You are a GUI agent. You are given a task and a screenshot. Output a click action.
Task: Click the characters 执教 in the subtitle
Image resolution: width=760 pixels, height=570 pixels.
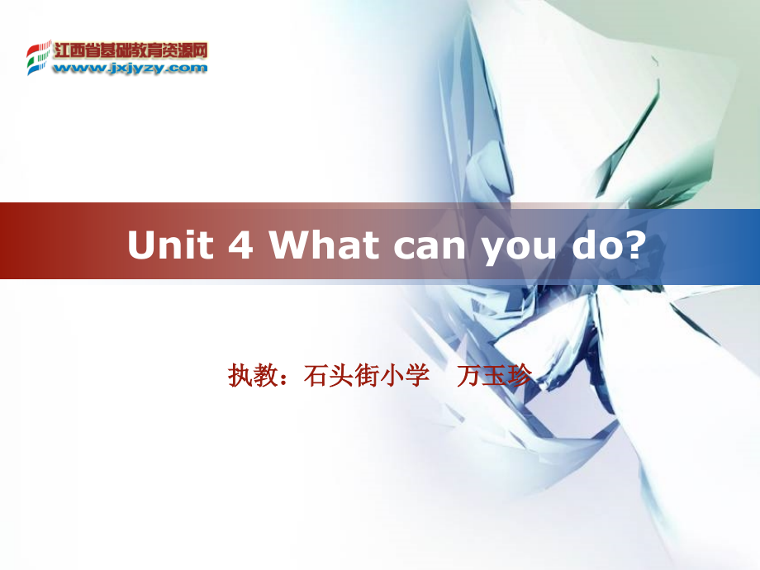click(248, 377)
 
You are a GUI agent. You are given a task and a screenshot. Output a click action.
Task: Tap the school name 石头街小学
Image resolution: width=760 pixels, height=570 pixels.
click(367, 377)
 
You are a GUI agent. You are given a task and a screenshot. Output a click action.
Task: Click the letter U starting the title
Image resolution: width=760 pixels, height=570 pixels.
click(140, 245)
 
